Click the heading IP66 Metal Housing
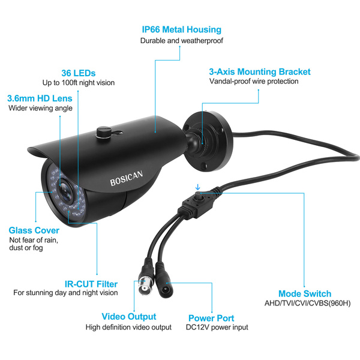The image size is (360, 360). click(x=181, y=29)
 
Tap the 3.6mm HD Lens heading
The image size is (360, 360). click(x=40, y=98)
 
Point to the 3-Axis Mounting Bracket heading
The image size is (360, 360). click(x=260, y=71)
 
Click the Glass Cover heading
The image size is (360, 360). click(x=34, y=230)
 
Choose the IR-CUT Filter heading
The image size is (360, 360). click(x=91, y=283)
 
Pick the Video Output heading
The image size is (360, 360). click(x=129, y=316)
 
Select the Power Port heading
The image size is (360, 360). click(x=211, y=318)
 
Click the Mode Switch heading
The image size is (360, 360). click(x=305, y=293)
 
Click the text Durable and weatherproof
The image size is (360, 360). click(x=181, y=41)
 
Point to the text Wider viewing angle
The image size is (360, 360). click(x=40, y=108)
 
